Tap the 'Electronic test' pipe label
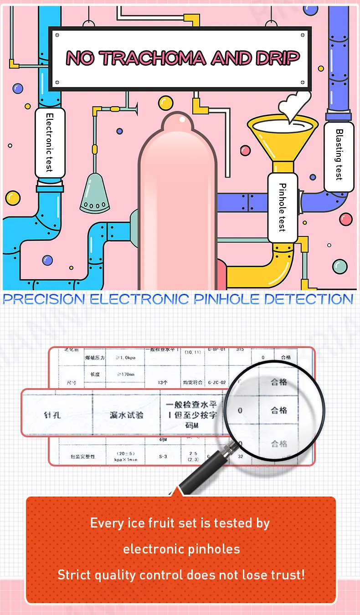(x=50, y=143)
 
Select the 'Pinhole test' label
(x=283, y=207)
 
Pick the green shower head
(x=95, y=196)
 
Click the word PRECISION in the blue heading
(x=43, y=299)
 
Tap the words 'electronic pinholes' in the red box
(x=181, y=549)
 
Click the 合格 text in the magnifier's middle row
(x=279, y=410)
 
